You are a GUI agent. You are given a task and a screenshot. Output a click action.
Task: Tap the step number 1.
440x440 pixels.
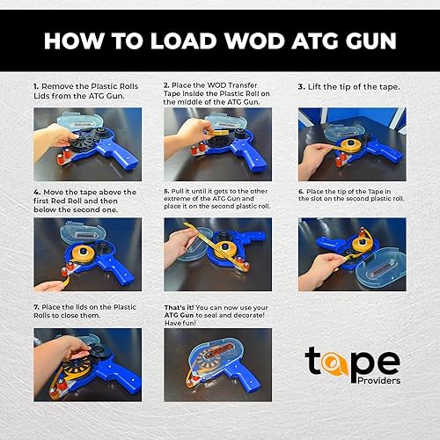[x=36, y=85]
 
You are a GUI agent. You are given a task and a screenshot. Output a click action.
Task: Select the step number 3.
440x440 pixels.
[x=301, y=87]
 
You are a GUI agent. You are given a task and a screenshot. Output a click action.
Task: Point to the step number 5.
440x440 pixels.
[x=167, y=190]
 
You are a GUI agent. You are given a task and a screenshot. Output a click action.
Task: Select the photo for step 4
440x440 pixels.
[x=86, y=253]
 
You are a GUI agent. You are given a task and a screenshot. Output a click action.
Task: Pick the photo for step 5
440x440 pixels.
[x=217, y=253]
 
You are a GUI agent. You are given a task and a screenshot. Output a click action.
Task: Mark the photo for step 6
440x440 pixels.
[x=350, y=253]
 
